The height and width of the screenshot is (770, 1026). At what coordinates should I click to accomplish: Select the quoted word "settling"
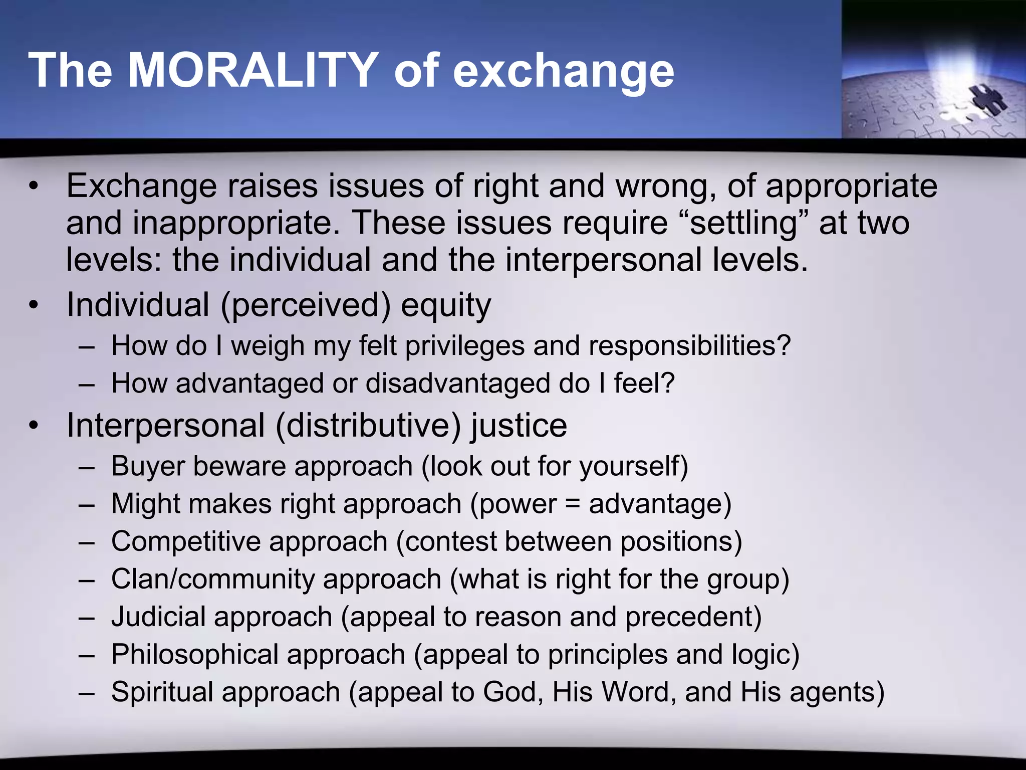click(743, 223)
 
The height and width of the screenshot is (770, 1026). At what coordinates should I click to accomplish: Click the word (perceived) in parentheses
click(305, 306)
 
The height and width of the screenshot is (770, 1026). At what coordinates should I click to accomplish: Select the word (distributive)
click(368, 426)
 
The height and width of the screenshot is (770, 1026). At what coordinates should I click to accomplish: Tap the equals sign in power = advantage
click(573, 504)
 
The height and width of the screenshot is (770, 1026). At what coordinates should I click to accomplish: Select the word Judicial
click(158, 617)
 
